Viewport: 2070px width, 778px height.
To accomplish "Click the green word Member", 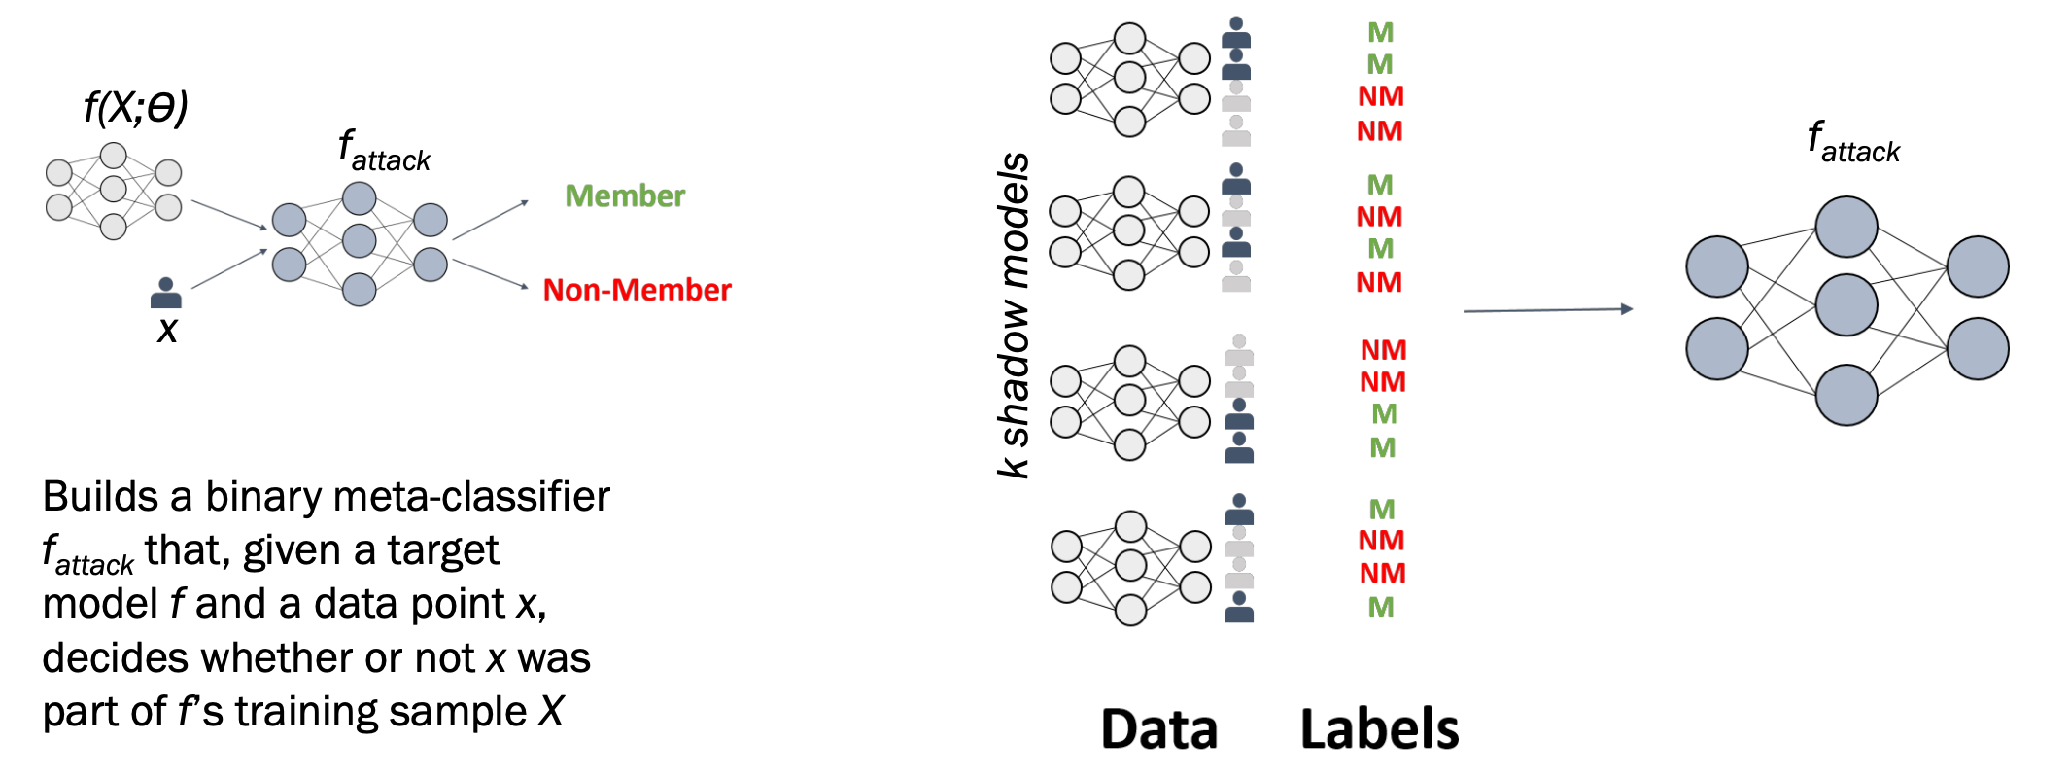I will (625, 196).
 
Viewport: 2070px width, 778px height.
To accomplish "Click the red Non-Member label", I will (637, 290).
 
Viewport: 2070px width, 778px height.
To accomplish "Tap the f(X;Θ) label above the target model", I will (135, 107).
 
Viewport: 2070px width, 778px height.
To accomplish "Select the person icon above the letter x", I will (166, 293).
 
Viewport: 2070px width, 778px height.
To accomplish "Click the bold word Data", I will (1158, 729).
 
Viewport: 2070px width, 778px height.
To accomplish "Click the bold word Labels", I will (1379, 729).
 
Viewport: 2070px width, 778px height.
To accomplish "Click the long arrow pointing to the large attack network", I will (1547, 310).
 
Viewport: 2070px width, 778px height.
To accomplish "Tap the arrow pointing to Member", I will (490, 220).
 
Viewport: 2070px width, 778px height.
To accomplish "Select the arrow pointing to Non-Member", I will (490, 273).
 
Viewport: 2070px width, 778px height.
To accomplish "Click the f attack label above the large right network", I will (1852, 143).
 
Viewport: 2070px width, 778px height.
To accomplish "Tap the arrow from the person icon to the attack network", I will (229, 268).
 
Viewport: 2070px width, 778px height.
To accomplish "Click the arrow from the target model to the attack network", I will (229, 215).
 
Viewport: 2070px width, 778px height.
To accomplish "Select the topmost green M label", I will (1380, 33).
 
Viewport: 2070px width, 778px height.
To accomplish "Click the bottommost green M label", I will (1381, 608).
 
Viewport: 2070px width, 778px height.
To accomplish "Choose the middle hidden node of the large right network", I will (1846, 304).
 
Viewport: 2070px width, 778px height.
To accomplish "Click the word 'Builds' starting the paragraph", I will (100, 497).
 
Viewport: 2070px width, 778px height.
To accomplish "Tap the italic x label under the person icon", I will (167, 331).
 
